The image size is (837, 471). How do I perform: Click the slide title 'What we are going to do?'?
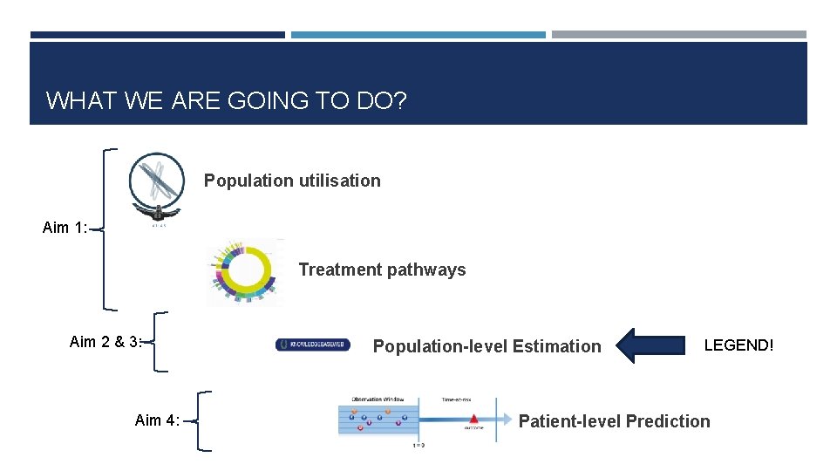[226, 100]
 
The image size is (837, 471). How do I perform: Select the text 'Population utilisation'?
[292, 181]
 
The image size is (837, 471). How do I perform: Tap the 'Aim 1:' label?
[65, 228]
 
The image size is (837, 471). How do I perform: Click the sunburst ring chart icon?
[244, 271]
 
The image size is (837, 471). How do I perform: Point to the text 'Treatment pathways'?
[382, 270]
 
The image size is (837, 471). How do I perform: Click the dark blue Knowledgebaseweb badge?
[313, 345]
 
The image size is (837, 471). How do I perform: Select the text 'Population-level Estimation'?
[487, 346]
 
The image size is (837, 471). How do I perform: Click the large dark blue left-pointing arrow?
[651, 345]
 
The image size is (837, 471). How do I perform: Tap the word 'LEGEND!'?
[738, 345]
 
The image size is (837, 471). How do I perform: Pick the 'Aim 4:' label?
[157, 420]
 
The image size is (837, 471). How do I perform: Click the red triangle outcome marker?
[473, 420]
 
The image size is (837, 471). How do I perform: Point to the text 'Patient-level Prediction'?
[614, 421]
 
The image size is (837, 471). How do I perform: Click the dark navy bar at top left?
[157, 35]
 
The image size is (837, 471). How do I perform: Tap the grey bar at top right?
[678, 35]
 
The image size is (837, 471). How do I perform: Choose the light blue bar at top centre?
[418, 35]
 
